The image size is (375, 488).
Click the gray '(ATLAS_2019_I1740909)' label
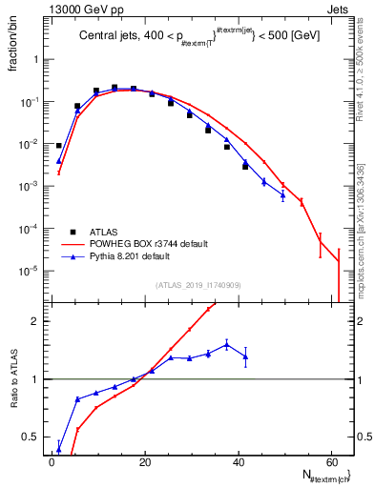click(x=199, y=285)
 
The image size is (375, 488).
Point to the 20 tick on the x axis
click(x=145, y=459)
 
